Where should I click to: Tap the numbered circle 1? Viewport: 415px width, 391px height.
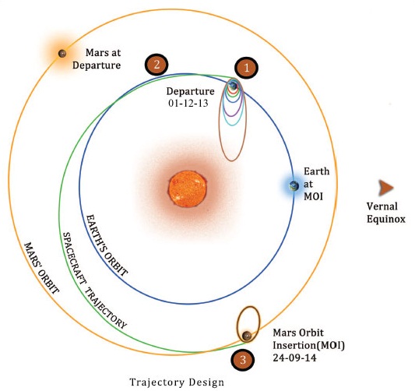click(x=247, y=68)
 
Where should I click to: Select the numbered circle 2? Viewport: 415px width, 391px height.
click(x=157, y=65)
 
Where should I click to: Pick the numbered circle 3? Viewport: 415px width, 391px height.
click(x=241, y=360)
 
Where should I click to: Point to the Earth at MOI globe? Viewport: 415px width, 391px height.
click(x=294, y=185)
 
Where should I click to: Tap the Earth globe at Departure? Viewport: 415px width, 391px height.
click(x=233, y=85)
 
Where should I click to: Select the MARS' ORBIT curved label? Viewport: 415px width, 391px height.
click(x=39, y=265)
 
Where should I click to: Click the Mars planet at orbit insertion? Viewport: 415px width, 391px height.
click(x=247, y=336)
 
